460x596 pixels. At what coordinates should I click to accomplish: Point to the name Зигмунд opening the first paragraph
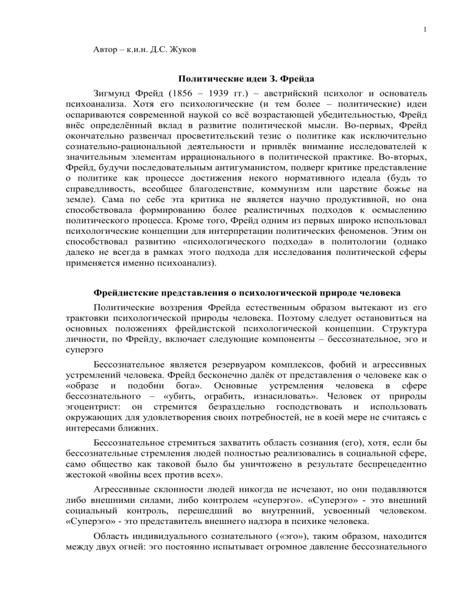pyautogui.click(x=115, y=95)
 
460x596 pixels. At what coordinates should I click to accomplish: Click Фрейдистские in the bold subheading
pyautogui.click(x=128, y=294)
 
